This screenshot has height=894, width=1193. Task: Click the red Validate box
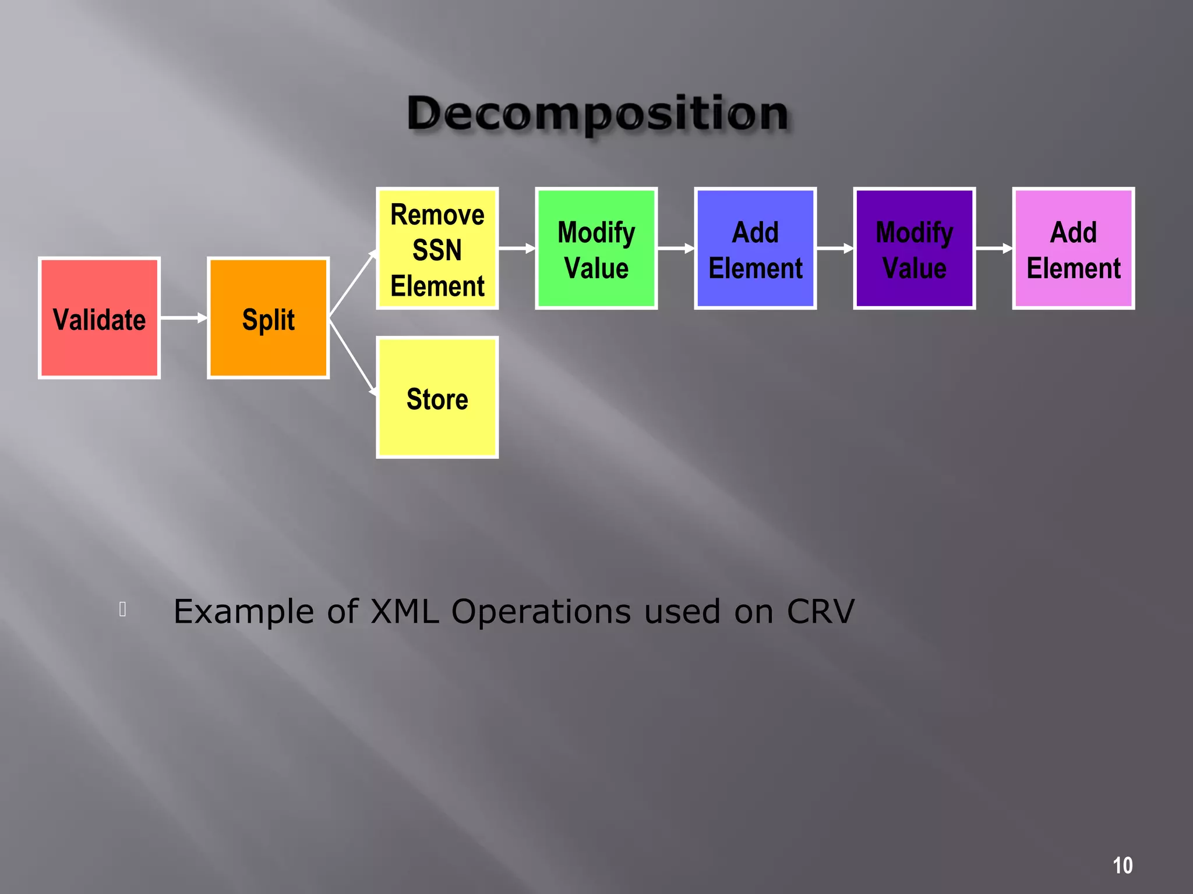tap(99, 318)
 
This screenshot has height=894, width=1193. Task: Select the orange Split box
tap(268, 318)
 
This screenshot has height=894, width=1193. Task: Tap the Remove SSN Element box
tap(437, 249)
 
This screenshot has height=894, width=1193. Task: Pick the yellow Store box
tap(437, 398)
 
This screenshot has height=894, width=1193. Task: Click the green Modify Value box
tap(596, 249)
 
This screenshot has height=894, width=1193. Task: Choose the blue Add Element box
tap(755, 249)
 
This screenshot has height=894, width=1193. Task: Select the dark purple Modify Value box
tap(914, 249)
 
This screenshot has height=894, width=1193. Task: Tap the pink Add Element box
tap(1073, 249)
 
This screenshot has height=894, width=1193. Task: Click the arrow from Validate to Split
tap(183, 318)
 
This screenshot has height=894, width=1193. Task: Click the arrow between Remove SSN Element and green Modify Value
tap(517, 249)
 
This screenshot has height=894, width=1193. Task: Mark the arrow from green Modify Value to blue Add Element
tap(676, 249)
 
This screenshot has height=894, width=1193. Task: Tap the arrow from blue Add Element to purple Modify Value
tap(835, 249)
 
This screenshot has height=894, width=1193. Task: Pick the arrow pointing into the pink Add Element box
tap(994, 249)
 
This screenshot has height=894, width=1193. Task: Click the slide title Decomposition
tap(598, 113)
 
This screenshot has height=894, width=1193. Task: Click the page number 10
tap(1123, 865)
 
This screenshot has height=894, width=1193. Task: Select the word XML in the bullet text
tap(404, 612)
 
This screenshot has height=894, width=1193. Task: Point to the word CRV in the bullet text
tap(820, 612)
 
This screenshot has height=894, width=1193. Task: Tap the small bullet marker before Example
tap(122, 609)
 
